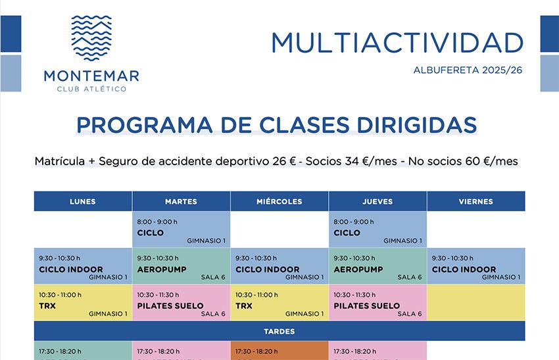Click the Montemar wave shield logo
pyautogui.click(x=91, y=38)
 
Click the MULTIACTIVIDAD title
pyautogui.click(x=397, y=43)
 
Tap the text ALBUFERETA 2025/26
pyautogui.click(x=468, y=70)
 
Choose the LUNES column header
pyautogui.click(x=83, y=201)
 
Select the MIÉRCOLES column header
pyautogui.click(x=279, y=201)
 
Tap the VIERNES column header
pyautogui.click(x=475, y=201)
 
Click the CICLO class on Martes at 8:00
pyautogui.click(x=181, y=230)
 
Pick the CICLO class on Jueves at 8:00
pyautogui.click(x=377, y=230)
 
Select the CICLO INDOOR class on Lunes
pyautogui.click(x=83, y=267)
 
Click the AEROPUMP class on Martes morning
pyautogui.click(x=181, y=267)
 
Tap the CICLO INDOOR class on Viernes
pyautogui.click(x=475, y=267)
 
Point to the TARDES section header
pyautogui.click(x=279, y=331)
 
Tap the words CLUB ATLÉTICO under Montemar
pyautogui.click(x=91, y=89)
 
